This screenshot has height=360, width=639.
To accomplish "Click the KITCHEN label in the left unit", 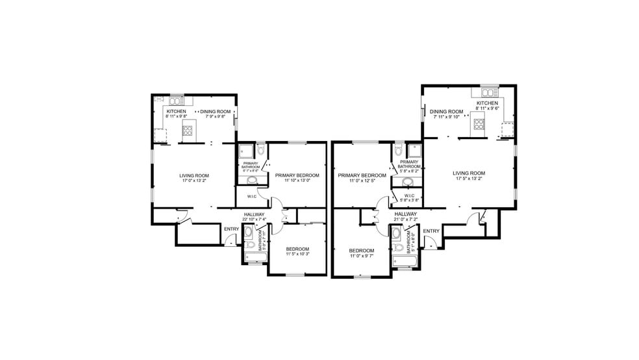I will pos(176,111).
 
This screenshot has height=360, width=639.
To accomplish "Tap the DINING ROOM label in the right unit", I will pos(447,111).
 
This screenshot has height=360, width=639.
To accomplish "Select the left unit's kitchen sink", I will pos(176,101).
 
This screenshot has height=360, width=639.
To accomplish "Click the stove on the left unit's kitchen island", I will pos(189,133).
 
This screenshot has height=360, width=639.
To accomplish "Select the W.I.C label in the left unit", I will pos(250,196).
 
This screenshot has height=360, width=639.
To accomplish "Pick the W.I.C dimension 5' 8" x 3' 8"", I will pos(409,201).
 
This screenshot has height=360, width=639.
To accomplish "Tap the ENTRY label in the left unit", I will pos(231,229).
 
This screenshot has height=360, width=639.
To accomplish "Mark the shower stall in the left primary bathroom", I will pos(246,151).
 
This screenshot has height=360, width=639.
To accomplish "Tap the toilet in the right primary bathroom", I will pos(398,150).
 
